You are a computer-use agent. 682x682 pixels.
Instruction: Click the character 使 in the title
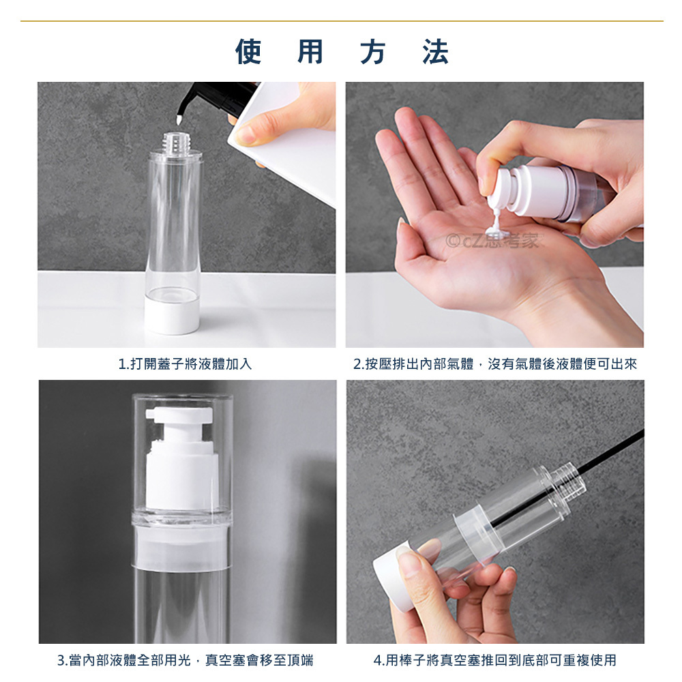248,52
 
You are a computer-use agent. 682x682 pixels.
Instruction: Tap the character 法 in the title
435,52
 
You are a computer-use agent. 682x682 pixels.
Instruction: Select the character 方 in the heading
373,52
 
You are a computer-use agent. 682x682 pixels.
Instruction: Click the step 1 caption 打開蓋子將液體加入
186,364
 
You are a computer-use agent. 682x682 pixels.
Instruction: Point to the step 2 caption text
495,364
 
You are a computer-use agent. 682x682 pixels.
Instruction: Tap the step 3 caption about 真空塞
186,660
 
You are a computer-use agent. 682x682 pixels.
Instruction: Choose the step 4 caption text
495,660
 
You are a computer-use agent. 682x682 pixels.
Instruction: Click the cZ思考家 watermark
493,241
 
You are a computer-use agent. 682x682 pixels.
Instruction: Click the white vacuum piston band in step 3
182,548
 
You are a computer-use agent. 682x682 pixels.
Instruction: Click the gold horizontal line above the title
342,21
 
